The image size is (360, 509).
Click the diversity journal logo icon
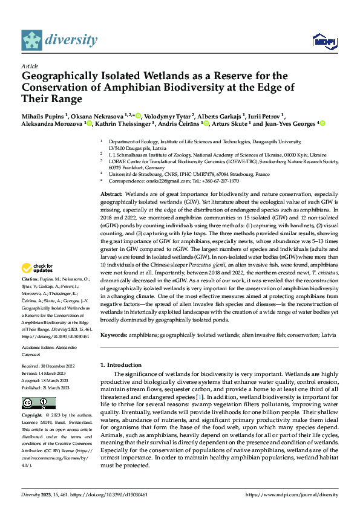pyautogui.click(x=31, y=40)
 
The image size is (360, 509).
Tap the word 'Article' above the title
pyautogui.click(x=30, y=66)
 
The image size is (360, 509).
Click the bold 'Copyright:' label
pyautogui.click(x=32, y=416)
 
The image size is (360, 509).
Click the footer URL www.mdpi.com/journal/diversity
pyautogui.click(x=296, y=494)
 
